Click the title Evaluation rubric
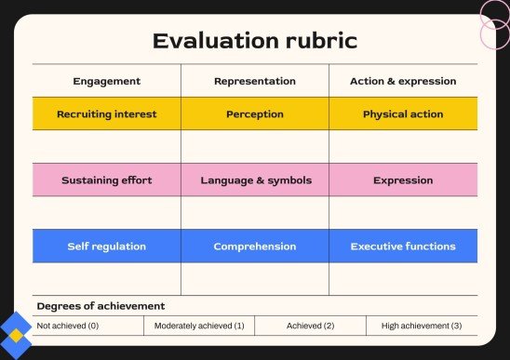[x=254, y=41]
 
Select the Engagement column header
[x=106, y=81]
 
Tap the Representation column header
[x=254, y=81]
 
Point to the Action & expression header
[x=403, y=81]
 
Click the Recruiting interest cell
[x=106, y=114]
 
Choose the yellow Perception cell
[x=254, y=114]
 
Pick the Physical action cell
[x=403, y=114]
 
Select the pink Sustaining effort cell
[x=106, y=180]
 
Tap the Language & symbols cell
[x=254, y=180]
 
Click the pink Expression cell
[x=403, y=180]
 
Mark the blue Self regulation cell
[x=106, y=247]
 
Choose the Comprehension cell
[x=254, y=247]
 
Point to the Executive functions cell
[x=403, y=247]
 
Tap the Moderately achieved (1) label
[x=199, y=326]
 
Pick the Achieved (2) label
[x=310, y=326]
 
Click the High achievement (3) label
[x=422, y=326]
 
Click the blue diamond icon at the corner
[x=16, y=333]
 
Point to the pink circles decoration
[x=493, y=25]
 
